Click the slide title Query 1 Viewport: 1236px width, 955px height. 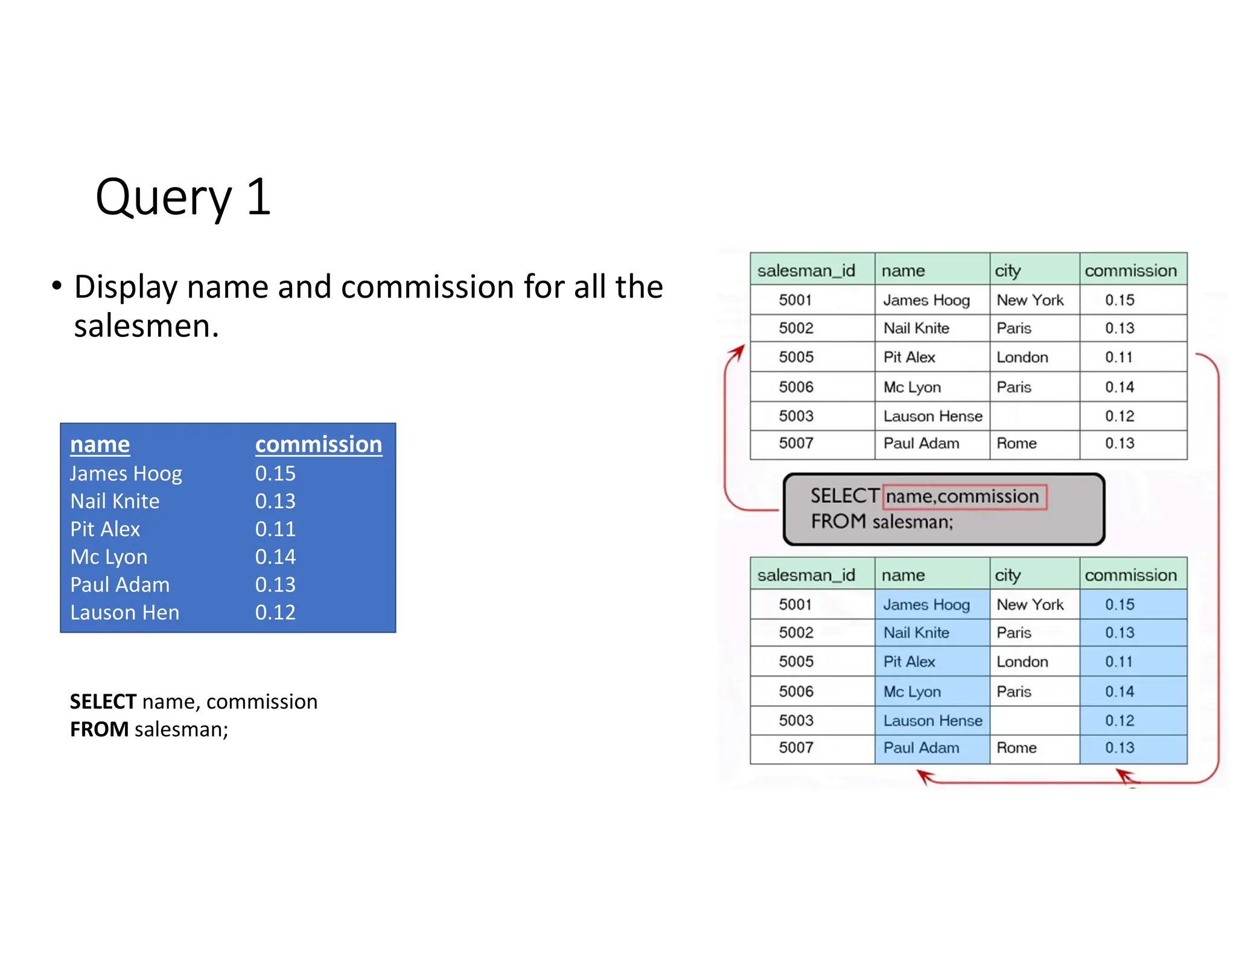[183, 197]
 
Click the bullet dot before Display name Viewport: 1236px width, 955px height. [57, 286]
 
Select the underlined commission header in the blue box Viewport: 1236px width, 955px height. [318, 444]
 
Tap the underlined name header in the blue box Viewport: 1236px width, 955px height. [100, 444]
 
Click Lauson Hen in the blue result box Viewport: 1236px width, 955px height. [124, 612]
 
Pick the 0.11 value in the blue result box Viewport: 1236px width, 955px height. [275, 529]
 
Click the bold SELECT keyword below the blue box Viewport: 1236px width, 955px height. [103, 701]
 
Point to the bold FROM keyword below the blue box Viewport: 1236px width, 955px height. [99, 729]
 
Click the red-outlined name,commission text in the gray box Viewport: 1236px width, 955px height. [964, 497]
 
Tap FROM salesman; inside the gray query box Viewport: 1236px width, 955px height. [881, 522]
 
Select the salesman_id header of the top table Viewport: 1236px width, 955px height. [806, 270]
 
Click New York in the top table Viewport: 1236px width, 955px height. [1030, 300]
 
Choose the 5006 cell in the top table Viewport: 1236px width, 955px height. [795, 387]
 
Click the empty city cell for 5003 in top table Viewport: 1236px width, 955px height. [1033, 416]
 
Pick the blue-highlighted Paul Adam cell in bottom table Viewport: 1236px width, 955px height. [921, 748]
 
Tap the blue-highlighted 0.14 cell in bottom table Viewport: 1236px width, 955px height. [1120, 691]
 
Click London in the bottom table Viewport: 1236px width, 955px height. [1022, 662]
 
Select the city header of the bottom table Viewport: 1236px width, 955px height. [1007, 575]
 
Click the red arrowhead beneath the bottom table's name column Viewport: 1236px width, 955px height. [924, 775]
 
